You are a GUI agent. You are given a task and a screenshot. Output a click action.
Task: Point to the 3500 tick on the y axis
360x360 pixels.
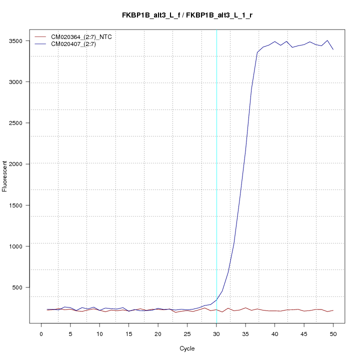tap(20, 41)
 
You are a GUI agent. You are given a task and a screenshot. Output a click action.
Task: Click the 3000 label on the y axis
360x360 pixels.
tap(20, 82)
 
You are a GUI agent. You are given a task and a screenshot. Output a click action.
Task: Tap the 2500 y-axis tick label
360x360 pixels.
tap(20, 123)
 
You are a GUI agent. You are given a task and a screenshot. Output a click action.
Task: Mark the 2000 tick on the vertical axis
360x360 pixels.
tap(20, 164)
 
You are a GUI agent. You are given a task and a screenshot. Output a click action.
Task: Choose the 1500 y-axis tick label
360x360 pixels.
tap(20, 205)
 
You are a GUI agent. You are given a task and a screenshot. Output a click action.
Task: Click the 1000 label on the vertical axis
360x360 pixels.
tap(20, 246)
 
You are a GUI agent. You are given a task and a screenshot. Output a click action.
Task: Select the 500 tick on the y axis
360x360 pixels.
tap(21, 287)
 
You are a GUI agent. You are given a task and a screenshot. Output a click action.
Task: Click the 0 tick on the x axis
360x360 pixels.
tap(41, 333)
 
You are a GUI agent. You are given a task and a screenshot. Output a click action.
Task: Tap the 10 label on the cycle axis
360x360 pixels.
tap(99, 333)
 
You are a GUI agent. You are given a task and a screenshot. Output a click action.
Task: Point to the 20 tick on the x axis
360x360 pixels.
tap(158, 333)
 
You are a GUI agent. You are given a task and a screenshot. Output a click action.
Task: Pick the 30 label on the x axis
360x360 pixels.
tap(216, 333)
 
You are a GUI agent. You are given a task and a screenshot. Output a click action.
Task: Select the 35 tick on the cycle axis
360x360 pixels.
tap(245, 333)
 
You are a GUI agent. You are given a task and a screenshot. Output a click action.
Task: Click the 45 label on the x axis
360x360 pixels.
tap(304, 333)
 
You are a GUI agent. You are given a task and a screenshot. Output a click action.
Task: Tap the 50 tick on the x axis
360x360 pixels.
tap(333, 333)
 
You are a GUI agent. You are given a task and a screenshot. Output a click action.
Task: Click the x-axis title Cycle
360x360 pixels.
tap(187, 348)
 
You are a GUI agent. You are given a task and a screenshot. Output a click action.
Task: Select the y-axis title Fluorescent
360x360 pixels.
tap(5, 176)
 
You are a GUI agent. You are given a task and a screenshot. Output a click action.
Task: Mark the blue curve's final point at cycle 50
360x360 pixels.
tap(333, 49)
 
